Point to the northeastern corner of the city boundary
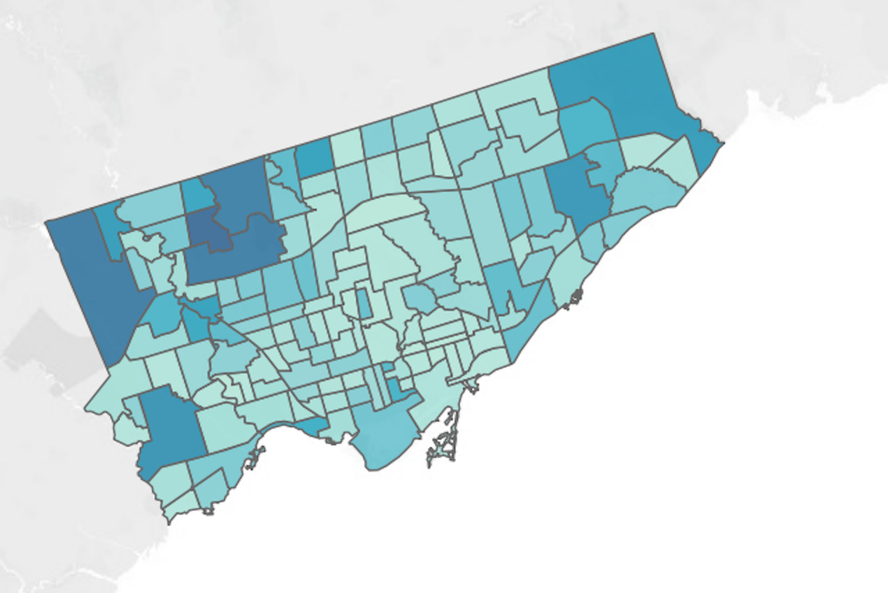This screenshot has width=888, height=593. [653, 35]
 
